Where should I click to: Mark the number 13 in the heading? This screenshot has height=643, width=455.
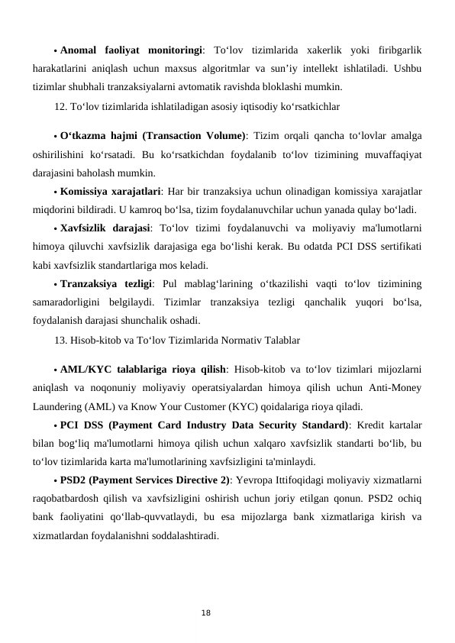point(60,338)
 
